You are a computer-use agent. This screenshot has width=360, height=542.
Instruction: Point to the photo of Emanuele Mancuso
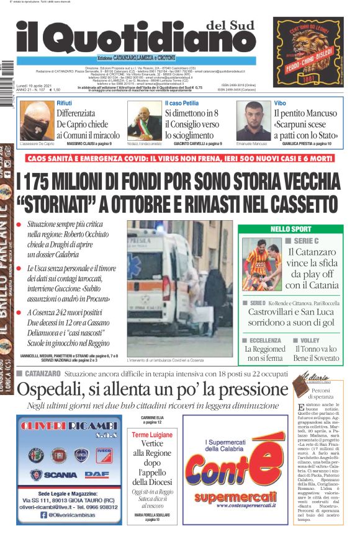253,120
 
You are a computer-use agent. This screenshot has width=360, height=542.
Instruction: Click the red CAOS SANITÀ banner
180,159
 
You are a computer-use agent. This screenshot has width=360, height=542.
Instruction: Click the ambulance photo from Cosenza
180,288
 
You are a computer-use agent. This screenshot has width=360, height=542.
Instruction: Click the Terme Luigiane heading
152,435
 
